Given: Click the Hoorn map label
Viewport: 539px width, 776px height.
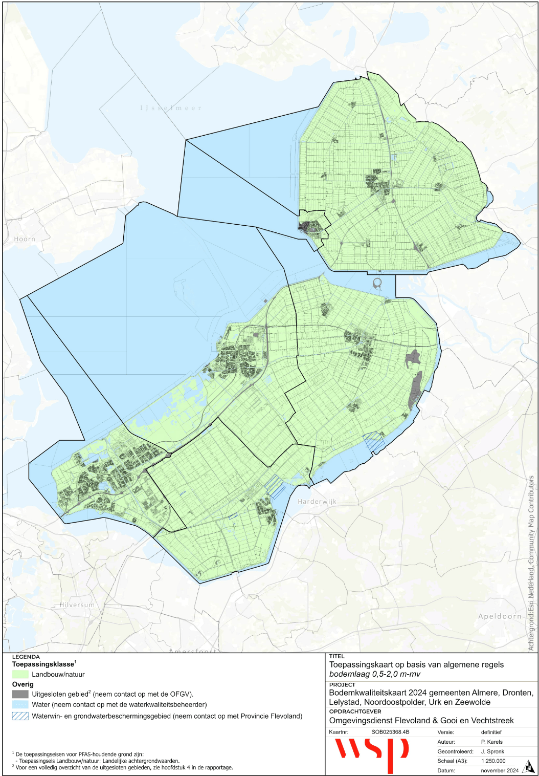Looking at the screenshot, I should [25, 239].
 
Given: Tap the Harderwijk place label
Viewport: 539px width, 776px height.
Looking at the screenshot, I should [317, 502].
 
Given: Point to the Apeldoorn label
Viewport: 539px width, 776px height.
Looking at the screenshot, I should [500, 616].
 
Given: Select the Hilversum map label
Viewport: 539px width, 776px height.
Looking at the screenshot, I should [77, 605].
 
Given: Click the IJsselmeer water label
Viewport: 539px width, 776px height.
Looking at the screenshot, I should [171, 108].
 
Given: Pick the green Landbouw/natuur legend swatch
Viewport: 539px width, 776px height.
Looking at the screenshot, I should [20, 675].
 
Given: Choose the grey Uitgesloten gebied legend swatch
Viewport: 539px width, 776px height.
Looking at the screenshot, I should [20, 695].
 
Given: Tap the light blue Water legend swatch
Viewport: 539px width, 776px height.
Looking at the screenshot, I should [20, 705].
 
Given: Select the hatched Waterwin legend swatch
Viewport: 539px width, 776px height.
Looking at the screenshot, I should [20, 716].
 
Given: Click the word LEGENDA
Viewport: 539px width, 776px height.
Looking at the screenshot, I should [26, 657].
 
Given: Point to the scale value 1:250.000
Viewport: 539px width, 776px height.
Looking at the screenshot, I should [493, 761].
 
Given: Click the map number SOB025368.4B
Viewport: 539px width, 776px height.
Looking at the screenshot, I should [390, 732].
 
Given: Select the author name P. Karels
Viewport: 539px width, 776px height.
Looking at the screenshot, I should [491, 742].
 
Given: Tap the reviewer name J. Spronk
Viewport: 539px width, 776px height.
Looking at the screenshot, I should [492, 751].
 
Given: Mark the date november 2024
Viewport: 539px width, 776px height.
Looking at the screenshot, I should [500, 770].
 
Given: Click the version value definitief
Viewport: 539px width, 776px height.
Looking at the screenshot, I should [491, 732].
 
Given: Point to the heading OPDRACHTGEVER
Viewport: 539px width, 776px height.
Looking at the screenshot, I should [355, 712].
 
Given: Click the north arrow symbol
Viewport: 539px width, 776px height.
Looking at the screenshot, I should [528, 768].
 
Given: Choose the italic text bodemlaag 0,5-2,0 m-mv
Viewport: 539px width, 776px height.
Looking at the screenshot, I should [375, 674].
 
